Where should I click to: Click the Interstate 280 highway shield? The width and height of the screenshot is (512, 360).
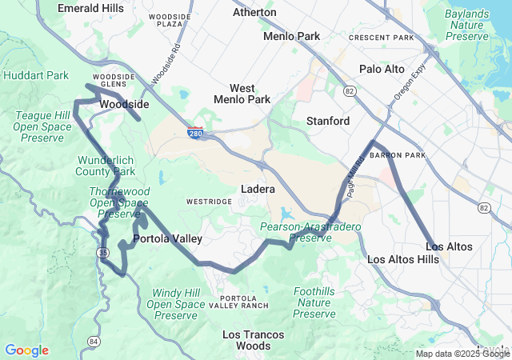tap(196, 134)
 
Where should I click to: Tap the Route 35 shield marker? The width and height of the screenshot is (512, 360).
tap(102, 253)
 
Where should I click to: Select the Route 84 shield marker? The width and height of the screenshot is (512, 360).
tap(94, 342)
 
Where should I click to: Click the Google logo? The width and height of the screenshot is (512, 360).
tap(26, 350)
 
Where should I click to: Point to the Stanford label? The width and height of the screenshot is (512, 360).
tap(328, 121)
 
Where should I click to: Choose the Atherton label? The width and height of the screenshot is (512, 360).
tap(254, 13)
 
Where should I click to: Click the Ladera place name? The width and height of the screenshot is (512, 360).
tap(258, 190)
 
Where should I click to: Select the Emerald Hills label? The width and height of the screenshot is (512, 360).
tap(90, 8)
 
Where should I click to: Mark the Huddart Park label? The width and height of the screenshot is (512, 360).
tap(36, 75)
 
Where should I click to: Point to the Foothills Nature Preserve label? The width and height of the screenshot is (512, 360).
tap(314, 302)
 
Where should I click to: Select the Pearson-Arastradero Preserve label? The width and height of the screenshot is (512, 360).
tap(310, 233)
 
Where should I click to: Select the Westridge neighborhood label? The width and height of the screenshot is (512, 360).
tap(209, 202)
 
